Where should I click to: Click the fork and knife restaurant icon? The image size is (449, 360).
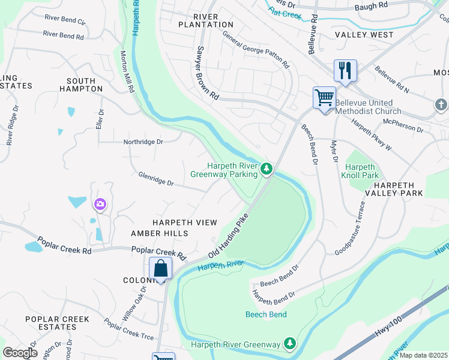pos(345,70)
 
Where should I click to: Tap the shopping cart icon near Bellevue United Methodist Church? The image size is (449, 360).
pos(324,97)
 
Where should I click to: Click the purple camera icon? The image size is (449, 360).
pos(99,205)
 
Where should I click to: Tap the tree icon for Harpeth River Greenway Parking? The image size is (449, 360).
pos(267,170)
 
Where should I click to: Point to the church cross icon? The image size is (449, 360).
pos(441,106)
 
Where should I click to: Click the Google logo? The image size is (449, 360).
pos(20,353)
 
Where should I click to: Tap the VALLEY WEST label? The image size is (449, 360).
pos(364,35)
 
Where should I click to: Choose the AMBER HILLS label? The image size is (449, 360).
pos(160,233)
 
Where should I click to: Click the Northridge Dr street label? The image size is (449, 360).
pos(143,142)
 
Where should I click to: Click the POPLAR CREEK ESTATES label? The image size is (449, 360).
pos(57,323)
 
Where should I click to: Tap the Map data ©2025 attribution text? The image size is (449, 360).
pos(423,355)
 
